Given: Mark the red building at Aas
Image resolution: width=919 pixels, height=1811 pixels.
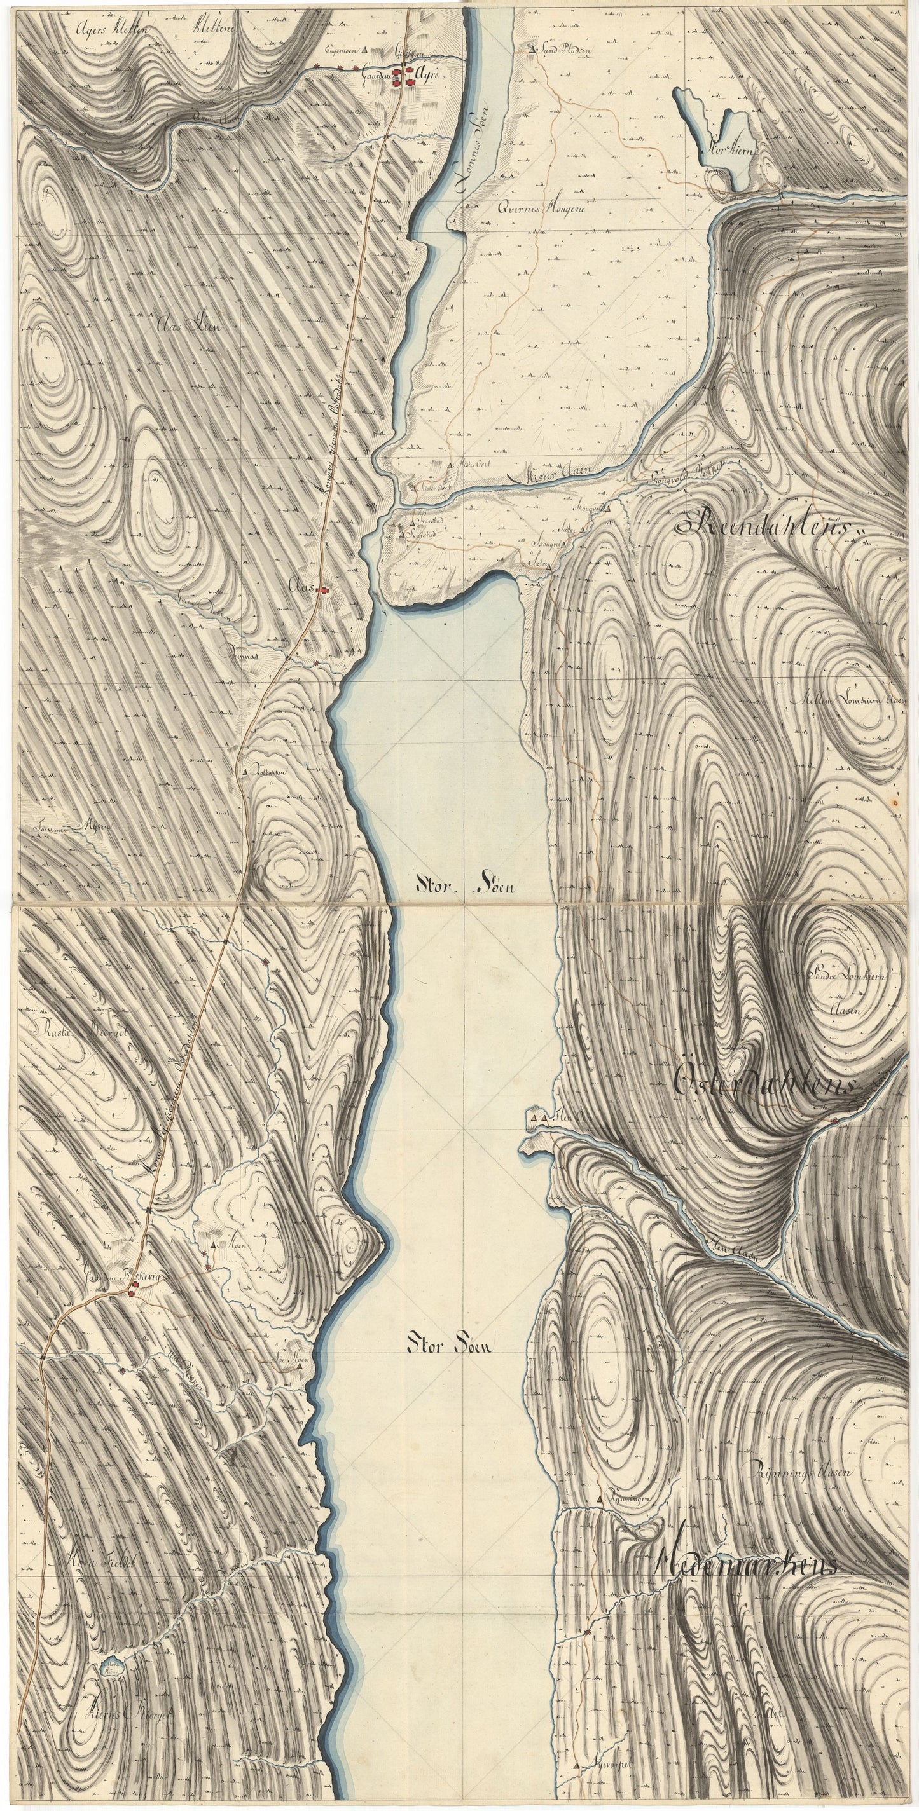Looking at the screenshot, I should tap(324, 590).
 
